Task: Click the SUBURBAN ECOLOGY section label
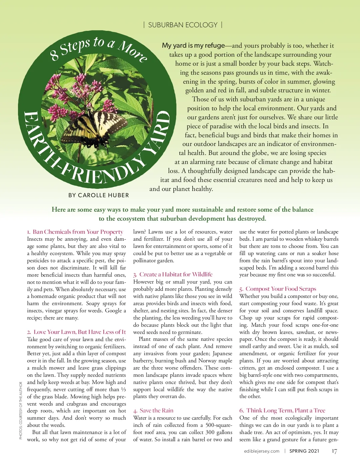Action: point(183,25)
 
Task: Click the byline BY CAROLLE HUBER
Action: point(98,195)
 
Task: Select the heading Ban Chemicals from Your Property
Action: point(78,232)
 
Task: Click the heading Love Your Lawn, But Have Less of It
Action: point(79,332)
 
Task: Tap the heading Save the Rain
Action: point(156,411)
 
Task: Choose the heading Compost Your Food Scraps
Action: point(280,289)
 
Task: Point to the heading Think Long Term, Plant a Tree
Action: point(286,411)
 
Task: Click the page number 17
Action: point(334,451)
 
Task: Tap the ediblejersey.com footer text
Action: point(262,451)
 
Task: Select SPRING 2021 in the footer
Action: point(304,451)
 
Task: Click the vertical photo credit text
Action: point(21,410)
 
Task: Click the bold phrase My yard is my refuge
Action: point(193,46)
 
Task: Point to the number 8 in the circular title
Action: point(54,55)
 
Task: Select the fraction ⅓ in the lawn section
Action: point(124,390)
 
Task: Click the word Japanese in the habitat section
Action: point(222,354)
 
